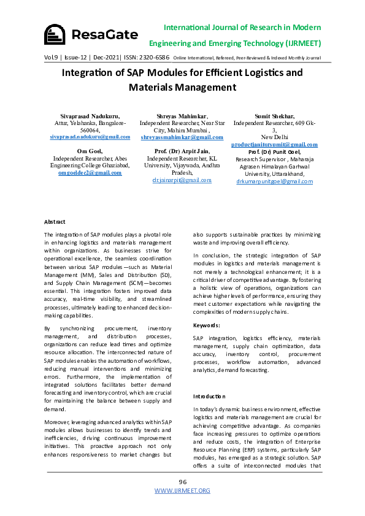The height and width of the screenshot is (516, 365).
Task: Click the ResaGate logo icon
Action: [x=55, y=34]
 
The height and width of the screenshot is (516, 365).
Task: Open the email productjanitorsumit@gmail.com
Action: [x=274, y=144]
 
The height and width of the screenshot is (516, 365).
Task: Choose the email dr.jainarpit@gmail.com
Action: [x=182, y=180]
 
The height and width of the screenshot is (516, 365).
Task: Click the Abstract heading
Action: [x=55, y=221]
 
